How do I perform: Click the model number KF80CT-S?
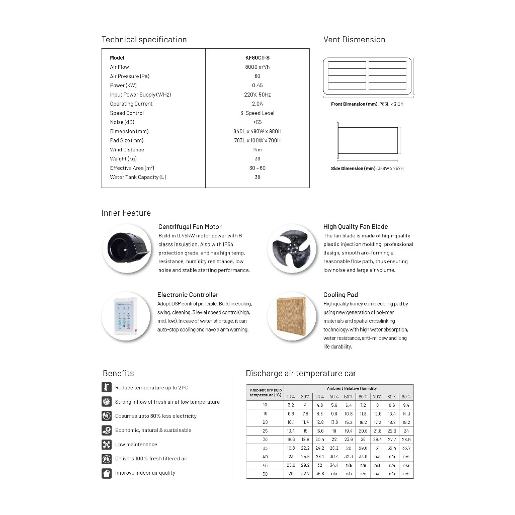coord(257,58)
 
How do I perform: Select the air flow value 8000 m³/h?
coord(257,67)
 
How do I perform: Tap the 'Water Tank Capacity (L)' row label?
coord(138,177)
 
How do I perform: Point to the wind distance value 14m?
coord(257,149)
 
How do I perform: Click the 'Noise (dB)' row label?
coord(122,122)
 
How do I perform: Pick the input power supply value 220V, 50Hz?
coord(257,95)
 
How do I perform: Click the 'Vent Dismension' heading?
coord(354,40)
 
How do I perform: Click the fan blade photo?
coord(292,248)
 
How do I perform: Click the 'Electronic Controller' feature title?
coord(188,295)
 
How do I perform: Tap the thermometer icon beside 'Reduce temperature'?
coord(106,387)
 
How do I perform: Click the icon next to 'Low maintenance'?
coord(106,445)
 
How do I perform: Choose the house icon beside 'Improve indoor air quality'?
coord(106,473)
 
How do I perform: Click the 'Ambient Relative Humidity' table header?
coord(352,388)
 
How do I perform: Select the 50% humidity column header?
coord(348,397)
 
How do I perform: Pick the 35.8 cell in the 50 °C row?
coord(320,474)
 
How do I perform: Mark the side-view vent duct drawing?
coord(367,142)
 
